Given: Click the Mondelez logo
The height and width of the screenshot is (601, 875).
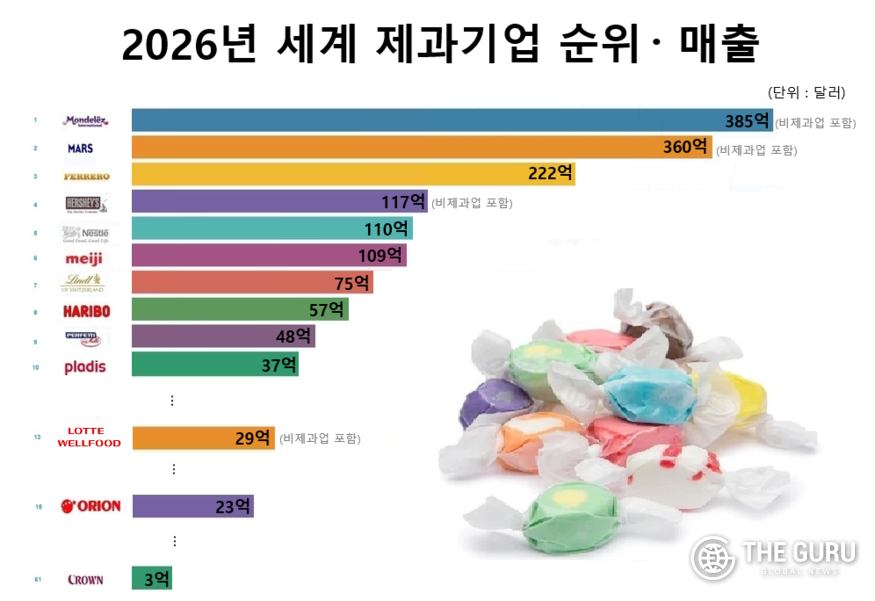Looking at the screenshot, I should pos(85,121).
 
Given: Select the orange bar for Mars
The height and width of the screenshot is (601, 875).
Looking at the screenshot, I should pos(400,148).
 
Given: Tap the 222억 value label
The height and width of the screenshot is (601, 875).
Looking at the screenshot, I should pos(550,174).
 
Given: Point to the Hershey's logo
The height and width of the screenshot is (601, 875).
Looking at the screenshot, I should pos(85,203).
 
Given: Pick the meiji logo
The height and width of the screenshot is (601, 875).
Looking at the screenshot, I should pos(83,257).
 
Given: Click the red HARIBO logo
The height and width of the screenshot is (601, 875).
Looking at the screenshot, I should pos(85,311).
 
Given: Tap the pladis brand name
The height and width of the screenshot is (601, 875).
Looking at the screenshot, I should pos(85,366).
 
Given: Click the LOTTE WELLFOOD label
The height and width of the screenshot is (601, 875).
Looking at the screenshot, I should pos(87,437).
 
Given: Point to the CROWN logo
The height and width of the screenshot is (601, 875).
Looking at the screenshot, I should pos(85,579).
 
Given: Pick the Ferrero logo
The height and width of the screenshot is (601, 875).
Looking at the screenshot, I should pos(86,176).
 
